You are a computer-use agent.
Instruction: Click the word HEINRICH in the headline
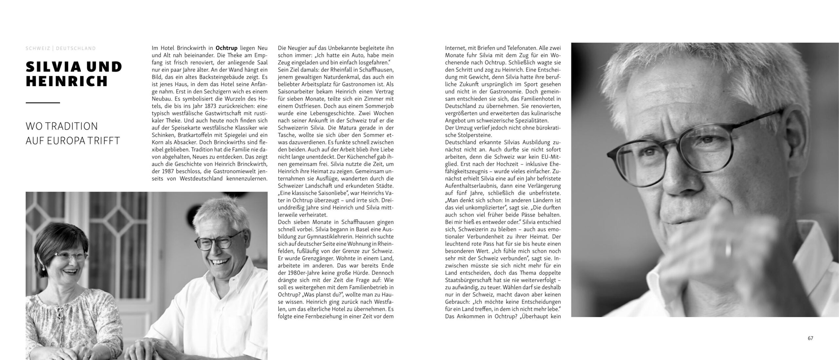click(x=67, y=81)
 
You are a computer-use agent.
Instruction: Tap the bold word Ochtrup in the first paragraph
click(x=226, y=48)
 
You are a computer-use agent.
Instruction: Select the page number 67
click(x=810, y=338)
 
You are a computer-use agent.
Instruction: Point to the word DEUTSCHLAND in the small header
click(x=76, y=48)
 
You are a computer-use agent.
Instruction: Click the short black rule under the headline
click(x=43, y=103)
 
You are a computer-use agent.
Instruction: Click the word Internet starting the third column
click(x=455, y=48)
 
